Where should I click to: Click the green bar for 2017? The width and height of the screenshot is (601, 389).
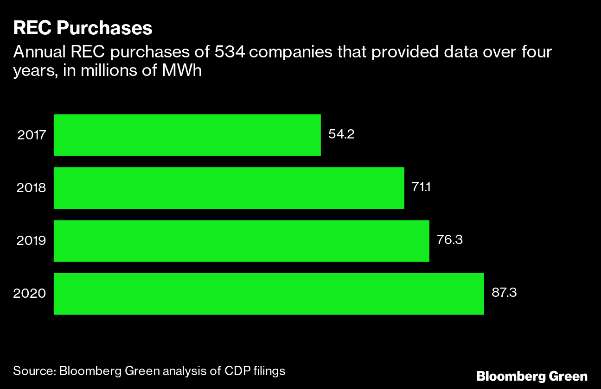(x=187, y=135)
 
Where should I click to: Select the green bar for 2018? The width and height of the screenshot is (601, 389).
(x=229, y=188)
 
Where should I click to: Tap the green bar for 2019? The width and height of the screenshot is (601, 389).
(x=241, y=241)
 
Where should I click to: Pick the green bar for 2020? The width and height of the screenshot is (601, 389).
(x=269, y=294)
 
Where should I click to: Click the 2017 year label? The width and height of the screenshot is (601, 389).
(x=32, y=135)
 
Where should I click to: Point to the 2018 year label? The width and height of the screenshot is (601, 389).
(x=32, y=188)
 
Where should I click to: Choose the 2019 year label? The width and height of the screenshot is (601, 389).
(x=32, y=241)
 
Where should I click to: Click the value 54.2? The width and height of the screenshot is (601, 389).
(x=341, y=135)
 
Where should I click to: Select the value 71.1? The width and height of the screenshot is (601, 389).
(x=422, y=188)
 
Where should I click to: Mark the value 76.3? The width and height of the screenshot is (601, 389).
(x=450, y=240)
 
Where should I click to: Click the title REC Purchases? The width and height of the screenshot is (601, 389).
(x=83, y=28)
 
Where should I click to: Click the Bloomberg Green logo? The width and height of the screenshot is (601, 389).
(x=532, y=376)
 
